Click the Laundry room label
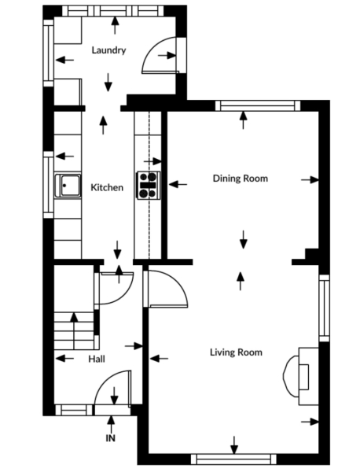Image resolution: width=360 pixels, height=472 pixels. (x=108, y=50)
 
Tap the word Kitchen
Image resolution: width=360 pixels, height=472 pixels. (x=107, y=188)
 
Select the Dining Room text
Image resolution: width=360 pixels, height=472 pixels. (x=241, y=179)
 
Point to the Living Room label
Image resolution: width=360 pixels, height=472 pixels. (x=236, y=352)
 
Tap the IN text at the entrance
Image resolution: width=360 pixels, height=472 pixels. (x=110, y=438)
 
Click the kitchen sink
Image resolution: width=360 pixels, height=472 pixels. (x=68, y=186)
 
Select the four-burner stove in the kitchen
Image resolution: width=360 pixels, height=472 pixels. (x=147, y=185)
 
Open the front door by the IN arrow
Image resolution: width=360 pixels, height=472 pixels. (x=110, y=391)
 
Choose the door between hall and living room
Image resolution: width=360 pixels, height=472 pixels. (x=167, y=289)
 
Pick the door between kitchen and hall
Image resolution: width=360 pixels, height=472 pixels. (x=112, y=284)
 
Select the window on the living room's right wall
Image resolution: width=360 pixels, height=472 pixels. (x=323, y=307)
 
